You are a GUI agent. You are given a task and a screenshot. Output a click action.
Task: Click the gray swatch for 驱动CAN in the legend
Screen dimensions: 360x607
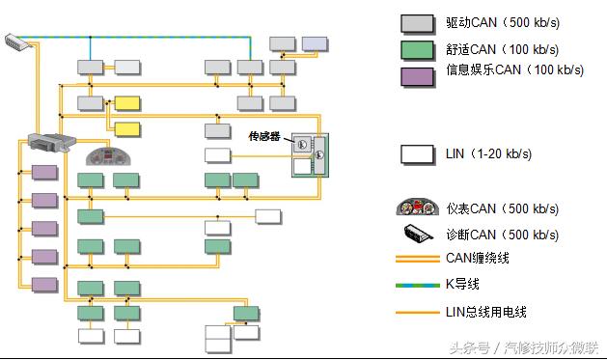(x=416, y=23)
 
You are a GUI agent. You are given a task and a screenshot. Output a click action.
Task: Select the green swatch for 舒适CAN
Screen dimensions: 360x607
(x=416, y=48)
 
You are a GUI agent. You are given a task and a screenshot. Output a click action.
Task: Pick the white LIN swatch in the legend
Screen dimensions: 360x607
(x=416, y=153)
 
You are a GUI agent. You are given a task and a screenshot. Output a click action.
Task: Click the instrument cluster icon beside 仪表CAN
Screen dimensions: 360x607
(x=417, y=208)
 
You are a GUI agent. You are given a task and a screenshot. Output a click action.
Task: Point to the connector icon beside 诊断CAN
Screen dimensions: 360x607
(x=417, y=234)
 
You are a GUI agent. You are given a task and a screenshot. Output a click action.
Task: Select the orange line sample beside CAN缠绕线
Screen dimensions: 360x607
(x=417, y=259)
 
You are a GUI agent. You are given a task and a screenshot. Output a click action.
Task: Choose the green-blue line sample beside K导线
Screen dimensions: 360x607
(x=417, y=284)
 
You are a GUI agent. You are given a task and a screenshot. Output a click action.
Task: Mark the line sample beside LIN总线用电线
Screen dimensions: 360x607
(x=417, y=312)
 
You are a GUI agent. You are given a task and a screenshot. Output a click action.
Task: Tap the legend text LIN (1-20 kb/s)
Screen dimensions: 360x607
(x=488, y=153)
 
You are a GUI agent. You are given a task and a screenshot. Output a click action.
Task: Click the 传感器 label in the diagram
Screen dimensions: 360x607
(x=263, y=137)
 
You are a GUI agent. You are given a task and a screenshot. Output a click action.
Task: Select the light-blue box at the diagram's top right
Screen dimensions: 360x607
(x=315, y=42)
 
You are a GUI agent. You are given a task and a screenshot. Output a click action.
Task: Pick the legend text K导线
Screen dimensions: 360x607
(x=462, y=284)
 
